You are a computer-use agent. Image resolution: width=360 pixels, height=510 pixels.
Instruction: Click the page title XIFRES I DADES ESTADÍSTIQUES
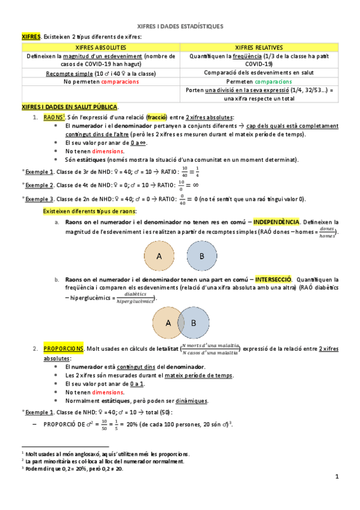click(180, 27)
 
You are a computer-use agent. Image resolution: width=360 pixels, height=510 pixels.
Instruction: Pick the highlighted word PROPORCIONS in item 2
click(63, 348)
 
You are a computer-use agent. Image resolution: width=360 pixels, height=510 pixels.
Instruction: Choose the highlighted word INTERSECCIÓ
click(273, 280)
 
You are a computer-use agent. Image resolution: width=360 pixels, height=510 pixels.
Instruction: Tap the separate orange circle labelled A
click(159, 256)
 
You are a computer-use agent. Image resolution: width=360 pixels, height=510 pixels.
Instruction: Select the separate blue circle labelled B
click(201, 256)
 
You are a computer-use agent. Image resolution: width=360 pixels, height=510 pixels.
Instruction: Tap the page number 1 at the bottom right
click(337, 477)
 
